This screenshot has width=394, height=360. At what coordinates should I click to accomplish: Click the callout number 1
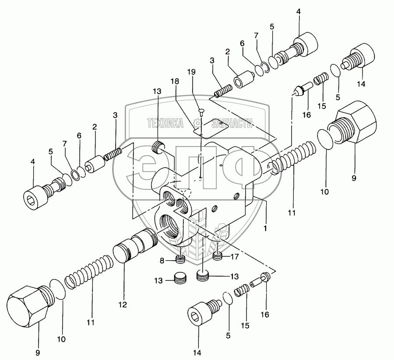[x=265, y=228]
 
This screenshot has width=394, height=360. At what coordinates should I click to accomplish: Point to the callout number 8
[x=162, y=261]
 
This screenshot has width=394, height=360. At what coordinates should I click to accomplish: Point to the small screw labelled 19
[x=201, y=112]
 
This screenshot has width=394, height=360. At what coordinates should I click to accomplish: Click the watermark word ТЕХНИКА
[x=165, y=124]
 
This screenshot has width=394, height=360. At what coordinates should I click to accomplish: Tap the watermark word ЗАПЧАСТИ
[x=232, y=124]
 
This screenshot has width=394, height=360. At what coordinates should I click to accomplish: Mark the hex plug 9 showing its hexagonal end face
[x=24, y=306]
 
